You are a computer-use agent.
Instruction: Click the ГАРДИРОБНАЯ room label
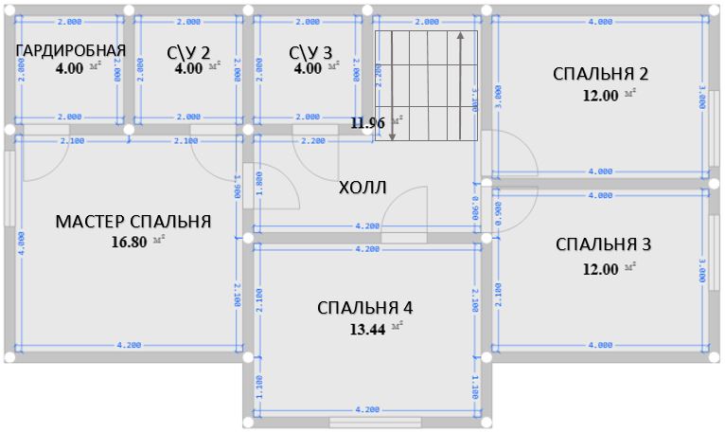pos(71,50)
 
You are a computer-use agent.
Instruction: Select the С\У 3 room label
pos(311,51)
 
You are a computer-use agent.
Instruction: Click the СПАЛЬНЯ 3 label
pos(603,244)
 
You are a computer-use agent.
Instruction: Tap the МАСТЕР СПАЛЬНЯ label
pos(133,222)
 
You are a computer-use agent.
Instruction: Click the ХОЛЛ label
pos(363,187)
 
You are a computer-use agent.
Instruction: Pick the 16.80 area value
pos(130,241)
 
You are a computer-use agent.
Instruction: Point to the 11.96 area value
pos(368,122)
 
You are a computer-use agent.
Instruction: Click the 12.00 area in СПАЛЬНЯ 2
pos(601,95)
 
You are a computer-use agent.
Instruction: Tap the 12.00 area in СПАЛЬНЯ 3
pos(601,268)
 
